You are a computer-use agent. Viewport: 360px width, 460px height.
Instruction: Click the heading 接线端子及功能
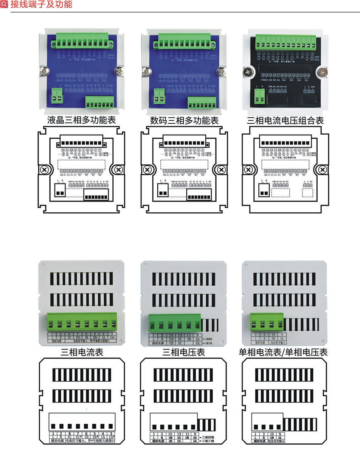[x=41, y=5]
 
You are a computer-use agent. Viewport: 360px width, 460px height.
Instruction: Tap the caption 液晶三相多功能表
[x=81, y=121]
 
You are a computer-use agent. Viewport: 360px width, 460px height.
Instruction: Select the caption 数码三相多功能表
[x=184, y=121]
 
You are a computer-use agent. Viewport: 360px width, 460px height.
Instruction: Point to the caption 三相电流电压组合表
[x=285, y=121]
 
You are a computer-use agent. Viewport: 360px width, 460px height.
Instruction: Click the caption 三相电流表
[x=82, y=353]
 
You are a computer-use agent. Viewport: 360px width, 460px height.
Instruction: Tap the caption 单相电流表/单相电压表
[x=283, y=353]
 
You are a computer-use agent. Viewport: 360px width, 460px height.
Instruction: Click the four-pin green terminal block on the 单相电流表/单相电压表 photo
[x=267, y=323]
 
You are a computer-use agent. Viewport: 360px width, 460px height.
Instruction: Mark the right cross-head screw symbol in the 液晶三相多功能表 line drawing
[x=119, y=169]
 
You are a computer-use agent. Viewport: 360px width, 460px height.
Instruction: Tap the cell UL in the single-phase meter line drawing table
[x=280, y=437]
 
